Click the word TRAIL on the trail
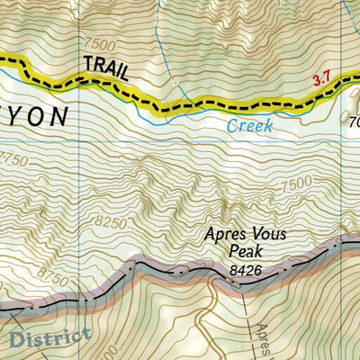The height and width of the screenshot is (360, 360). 105,67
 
